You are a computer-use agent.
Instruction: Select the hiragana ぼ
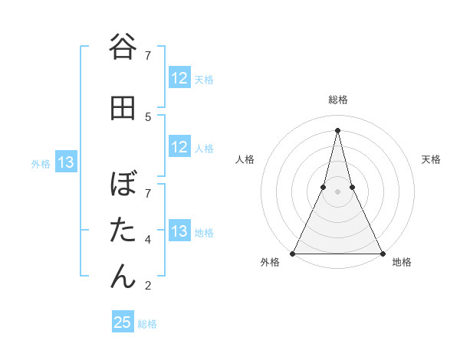tap(123, 185)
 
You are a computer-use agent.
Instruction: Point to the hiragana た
tap(123, 230)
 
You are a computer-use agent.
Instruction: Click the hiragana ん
tap(123, 276)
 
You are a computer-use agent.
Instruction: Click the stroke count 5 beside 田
tap(148, 116)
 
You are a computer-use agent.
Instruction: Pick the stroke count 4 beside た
tap(148, 240)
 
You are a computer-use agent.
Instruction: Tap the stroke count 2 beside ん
tap(148, 286)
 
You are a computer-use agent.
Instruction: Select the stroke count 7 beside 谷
tap(148, 55)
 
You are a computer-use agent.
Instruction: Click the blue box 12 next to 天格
tap(179, 78)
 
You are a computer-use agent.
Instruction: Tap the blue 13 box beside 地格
tap(179, 231)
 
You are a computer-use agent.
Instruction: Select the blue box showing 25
tap(123, 322)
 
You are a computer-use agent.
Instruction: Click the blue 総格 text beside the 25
tap(147, 324)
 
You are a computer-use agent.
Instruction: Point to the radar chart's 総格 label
tap(337, 100)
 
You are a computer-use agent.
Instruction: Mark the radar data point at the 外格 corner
tap(293, 253)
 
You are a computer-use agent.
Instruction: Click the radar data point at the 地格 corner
tap(382, 253)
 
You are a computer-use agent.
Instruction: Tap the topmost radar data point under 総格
tap(337, 129)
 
